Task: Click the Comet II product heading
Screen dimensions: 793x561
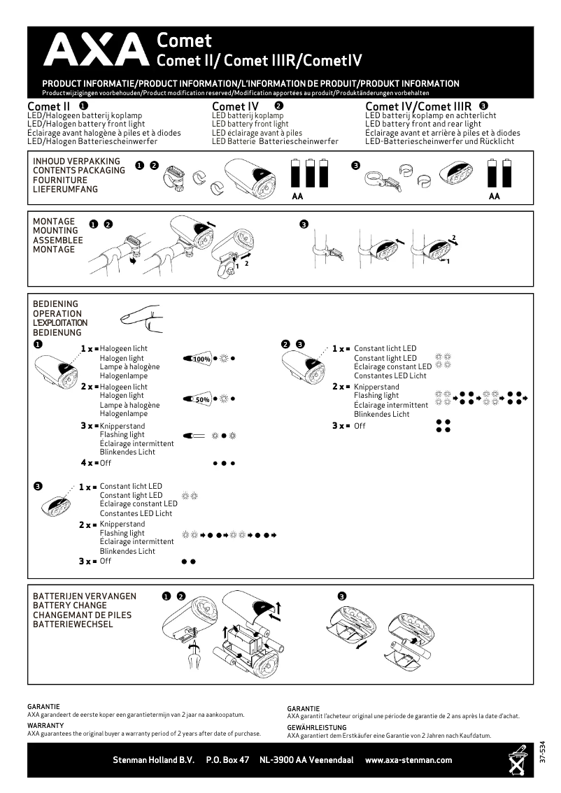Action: coord(48,106)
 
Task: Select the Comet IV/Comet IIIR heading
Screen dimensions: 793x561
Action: coord(418,106)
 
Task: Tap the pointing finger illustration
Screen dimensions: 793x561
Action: coord(144,318)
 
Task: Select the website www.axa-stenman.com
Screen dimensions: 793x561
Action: coord(409,760)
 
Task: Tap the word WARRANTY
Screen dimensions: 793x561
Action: coord(45,726)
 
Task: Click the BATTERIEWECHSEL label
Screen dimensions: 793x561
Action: coord(73,624)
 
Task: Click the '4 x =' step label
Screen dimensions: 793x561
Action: coord(89,463)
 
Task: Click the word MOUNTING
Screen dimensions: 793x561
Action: coord(55,231)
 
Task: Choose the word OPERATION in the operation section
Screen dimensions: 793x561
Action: coord(57,314)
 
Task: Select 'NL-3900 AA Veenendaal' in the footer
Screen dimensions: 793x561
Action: coord(306,760)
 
